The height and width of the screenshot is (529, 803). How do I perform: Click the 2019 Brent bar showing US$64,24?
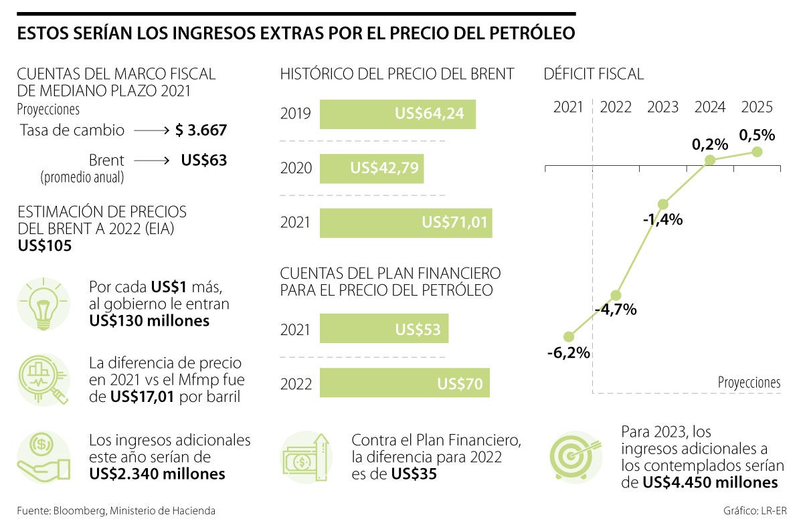(397, 114)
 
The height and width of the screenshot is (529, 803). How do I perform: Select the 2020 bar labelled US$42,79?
(371, 168)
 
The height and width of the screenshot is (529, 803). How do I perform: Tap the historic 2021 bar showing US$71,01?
(406, 223)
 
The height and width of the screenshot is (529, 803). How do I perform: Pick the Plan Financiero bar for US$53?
(384, 330)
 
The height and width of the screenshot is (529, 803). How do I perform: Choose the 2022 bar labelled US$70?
(404, 384)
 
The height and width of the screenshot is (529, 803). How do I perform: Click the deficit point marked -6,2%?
(569, 336)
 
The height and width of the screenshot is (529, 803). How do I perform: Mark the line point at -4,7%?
(616, 295)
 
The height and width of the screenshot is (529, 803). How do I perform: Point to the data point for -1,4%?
(663, 204)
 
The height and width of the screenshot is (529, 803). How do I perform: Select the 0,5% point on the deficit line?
(757, 152)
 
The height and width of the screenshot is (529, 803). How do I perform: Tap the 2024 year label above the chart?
(711, 107)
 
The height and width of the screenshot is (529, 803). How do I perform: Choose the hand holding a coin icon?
(43, 456)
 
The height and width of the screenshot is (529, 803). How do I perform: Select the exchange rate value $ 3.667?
(201, 130)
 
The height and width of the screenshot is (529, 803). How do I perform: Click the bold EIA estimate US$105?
(45, 246)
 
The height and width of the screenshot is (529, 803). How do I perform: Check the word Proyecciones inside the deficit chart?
(749, 383)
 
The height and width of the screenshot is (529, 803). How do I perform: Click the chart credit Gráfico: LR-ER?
(755, 511)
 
